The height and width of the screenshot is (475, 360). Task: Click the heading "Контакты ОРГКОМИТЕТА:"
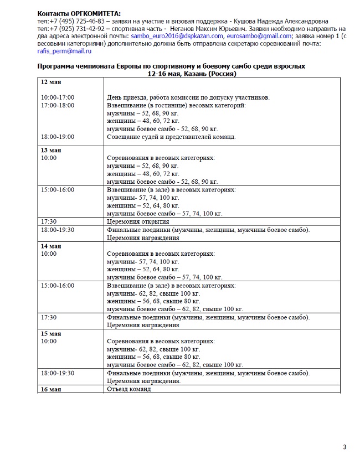click(79, 13)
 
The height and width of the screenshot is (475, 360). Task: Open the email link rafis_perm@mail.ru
click(64, 51)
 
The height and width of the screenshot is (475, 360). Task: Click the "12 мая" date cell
click(50, 82)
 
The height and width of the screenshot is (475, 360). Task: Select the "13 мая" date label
click(50, 150)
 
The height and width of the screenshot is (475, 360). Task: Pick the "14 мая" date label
click(50, 246)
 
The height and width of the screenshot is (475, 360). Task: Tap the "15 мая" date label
click(50, 334)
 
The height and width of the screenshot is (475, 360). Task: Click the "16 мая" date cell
click(50, 389)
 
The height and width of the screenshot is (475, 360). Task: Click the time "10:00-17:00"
click(58, 97)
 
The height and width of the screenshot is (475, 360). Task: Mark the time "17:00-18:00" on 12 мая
click(58, 105)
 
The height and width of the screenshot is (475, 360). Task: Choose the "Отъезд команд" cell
click(128, 389)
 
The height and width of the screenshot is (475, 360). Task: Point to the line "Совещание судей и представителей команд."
click(171, 137)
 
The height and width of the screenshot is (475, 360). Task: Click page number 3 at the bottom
click(344, 447)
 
